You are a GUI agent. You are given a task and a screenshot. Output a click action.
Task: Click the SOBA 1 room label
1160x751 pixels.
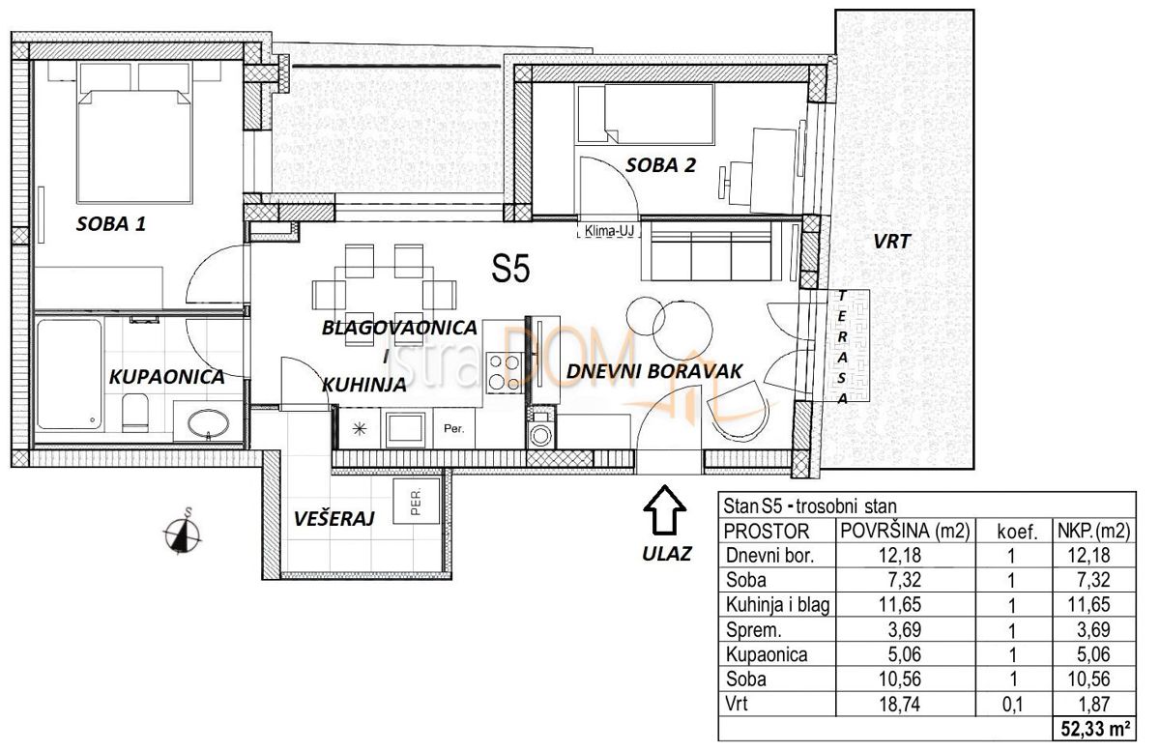tap(110, 225)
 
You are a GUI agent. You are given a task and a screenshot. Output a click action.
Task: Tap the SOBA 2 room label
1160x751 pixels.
tap(660, 164)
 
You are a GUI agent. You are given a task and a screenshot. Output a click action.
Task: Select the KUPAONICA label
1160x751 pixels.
tap(166, 377)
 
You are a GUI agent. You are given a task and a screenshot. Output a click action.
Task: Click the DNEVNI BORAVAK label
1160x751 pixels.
tap(653, 370)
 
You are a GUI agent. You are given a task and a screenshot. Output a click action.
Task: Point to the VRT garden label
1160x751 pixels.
tap(892, 243)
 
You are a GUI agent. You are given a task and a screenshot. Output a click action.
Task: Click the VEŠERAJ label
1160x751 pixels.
tap(333, 519)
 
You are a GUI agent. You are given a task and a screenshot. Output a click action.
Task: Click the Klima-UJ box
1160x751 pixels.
tap(606, 232)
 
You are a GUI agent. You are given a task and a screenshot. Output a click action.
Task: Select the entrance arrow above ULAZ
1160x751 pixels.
tap(664, 512)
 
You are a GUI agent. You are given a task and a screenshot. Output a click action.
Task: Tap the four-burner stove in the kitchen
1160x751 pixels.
tap(503, 371)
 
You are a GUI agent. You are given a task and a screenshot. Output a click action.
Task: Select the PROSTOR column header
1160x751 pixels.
tap(767, 531)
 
